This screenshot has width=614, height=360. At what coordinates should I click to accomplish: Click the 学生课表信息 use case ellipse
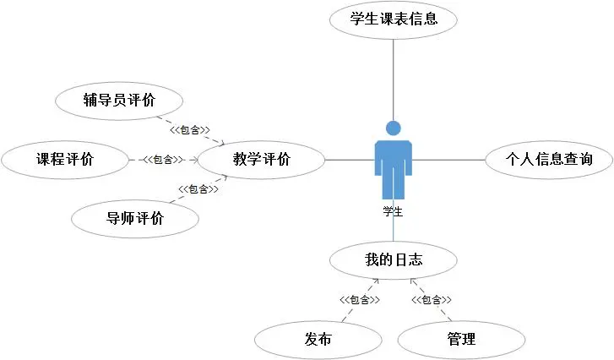394,19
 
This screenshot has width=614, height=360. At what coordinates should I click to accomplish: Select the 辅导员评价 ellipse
119,101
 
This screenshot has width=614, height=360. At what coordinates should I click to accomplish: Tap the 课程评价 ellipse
65,158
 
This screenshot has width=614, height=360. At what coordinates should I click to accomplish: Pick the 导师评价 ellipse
135,218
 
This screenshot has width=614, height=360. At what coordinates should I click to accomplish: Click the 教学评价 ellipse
261,158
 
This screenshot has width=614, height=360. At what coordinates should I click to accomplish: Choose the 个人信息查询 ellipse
548,158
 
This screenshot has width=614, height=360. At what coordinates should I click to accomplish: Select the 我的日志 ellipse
394,260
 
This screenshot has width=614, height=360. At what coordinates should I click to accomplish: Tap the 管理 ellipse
461,339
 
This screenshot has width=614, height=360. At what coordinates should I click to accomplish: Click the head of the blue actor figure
394,128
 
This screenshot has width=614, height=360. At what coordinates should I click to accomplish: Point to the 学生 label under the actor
393,210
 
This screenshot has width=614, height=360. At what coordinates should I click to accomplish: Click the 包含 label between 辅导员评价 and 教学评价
189,130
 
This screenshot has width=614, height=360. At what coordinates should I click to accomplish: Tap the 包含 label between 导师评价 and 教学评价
198,188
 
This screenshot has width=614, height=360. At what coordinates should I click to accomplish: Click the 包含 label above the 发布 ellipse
359,299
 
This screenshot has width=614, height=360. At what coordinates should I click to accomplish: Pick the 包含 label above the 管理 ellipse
431,299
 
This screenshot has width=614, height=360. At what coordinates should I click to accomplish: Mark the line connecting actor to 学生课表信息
394,80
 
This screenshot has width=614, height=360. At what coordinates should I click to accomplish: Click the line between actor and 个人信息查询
448,159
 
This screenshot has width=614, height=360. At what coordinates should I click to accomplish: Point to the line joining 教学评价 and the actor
349,159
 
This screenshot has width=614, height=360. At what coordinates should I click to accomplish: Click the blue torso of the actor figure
394,156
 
